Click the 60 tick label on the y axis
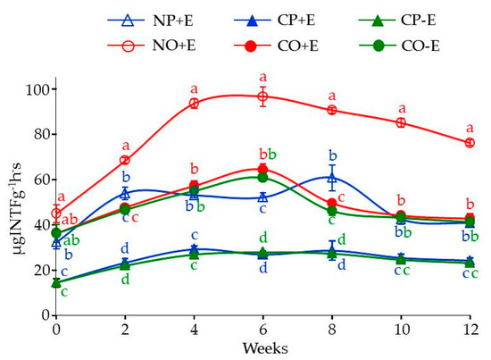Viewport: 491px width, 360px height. pos(37,180)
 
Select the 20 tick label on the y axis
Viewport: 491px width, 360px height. pos(37,270)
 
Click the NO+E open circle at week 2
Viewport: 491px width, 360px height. pos(125,160)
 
